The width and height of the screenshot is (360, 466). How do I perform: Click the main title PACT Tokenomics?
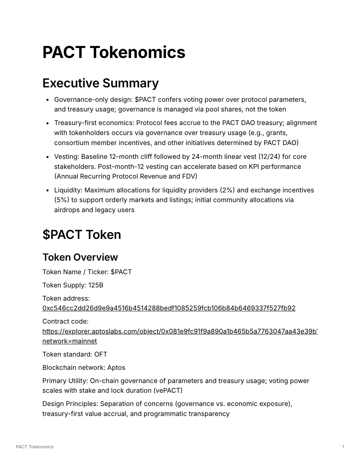(x=114, y=52)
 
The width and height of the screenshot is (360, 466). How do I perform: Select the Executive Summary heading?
(x=101, y=83)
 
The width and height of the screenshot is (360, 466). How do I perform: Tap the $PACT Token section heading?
(x=82, y=235)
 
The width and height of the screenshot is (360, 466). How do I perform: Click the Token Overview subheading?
(x=80, y=257)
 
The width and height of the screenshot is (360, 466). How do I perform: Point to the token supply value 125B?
(x=96, y=285)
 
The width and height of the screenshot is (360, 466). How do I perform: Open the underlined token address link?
(x=169, y=308)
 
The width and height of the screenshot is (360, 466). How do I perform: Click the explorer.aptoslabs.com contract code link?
(x=179, y=332)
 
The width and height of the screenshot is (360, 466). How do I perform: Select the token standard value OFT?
(x=101, y=355)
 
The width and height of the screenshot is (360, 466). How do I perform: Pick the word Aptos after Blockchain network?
(x=116, y=368)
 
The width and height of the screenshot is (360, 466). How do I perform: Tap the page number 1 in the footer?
(x=343, y=447)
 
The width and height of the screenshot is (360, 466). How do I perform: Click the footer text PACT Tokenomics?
(x=35, y=447)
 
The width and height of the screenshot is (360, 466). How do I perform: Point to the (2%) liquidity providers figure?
(x=227, y=190)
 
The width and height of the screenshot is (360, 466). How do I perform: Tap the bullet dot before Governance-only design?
(x=48, y=100)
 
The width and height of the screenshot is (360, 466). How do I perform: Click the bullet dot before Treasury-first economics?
(x=48, y=123)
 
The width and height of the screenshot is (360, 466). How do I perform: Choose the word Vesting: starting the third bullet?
(x=66, y=157)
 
